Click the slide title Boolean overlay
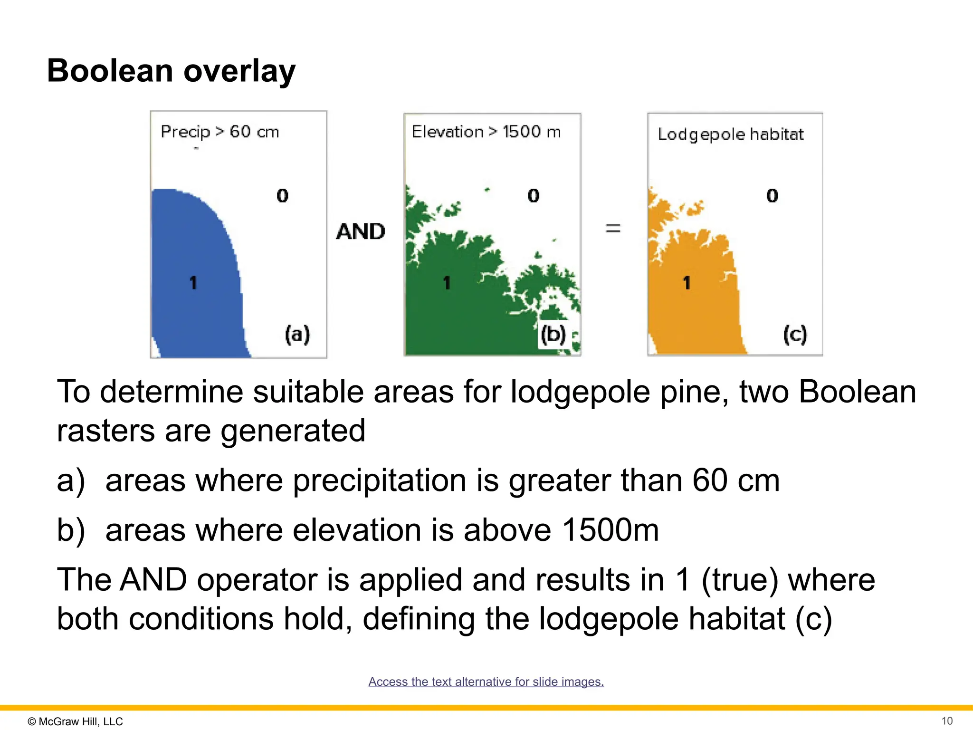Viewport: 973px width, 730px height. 171,71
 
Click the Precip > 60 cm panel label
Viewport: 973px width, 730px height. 219,132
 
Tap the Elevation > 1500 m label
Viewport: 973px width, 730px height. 486,132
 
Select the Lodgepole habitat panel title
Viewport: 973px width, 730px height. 731,134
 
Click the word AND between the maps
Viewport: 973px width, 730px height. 361,232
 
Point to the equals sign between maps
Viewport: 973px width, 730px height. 613,229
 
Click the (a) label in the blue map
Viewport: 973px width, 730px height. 297,334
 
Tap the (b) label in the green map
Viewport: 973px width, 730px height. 553,334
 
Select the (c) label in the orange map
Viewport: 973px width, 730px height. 795,334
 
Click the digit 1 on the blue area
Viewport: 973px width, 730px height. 193,283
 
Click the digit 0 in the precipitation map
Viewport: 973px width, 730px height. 283,195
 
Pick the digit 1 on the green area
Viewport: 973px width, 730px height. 447,283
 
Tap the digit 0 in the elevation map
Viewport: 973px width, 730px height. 534,195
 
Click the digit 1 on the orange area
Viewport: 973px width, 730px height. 687,283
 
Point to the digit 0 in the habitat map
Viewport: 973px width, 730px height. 773,195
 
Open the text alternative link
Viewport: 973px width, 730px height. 486,682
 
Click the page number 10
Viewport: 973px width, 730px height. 947,721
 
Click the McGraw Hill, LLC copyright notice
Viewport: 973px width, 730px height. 76,721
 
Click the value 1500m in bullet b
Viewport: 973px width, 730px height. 611,530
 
